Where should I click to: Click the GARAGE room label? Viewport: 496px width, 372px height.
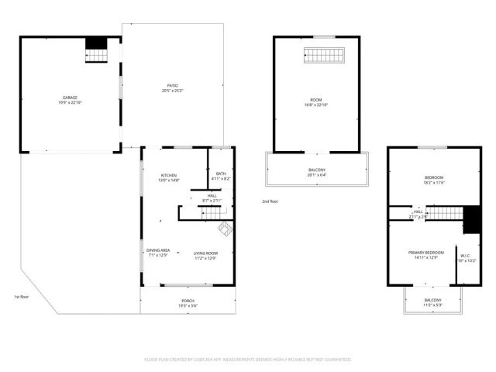(x=70, y=98)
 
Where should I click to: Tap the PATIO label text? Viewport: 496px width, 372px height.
(x=173, y=85)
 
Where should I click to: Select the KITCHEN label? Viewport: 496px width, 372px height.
(x=169, y=174)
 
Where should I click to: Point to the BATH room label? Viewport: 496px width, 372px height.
(x=221, y=174)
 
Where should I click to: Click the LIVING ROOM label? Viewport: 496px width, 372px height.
(x=205, y=253)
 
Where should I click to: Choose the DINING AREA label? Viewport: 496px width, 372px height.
(x=159, y=250)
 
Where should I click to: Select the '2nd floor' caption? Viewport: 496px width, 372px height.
(x=270, y=201)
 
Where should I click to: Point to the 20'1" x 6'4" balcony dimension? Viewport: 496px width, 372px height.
(x=316, y=176)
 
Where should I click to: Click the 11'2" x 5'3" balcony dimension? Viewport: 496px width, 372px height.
(x=432, y=305)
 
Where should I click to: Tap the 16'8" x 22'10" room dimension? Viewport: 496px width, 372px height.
(x=316, y=105)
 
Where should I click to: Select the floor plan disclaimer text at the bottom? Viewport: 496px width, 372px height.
(x=248, y=360)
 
